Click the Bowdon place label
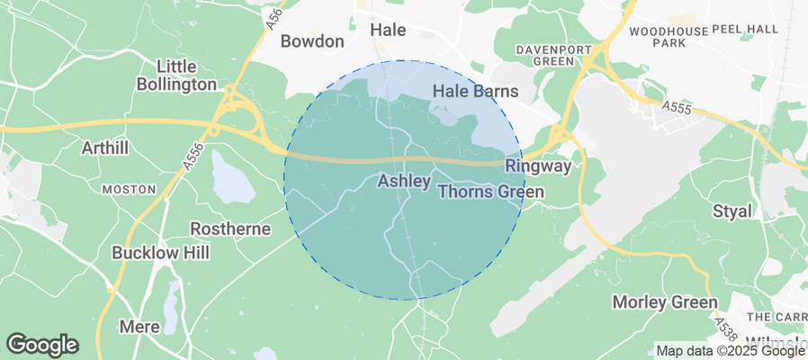coord(312,41)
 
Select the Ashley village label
coord(403,182)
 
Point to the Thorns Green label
coord(490,193)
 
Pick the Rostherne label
coord(230,229)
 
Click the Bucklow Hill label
coord(161,253)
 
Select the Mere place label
coord(139,327)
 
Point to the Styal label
coord(731,211)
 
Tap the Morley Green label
coord(664,302)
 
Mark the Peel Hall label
coord(744,30)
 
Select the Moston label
coord(123,190)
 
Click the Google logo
coord(41,344)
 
